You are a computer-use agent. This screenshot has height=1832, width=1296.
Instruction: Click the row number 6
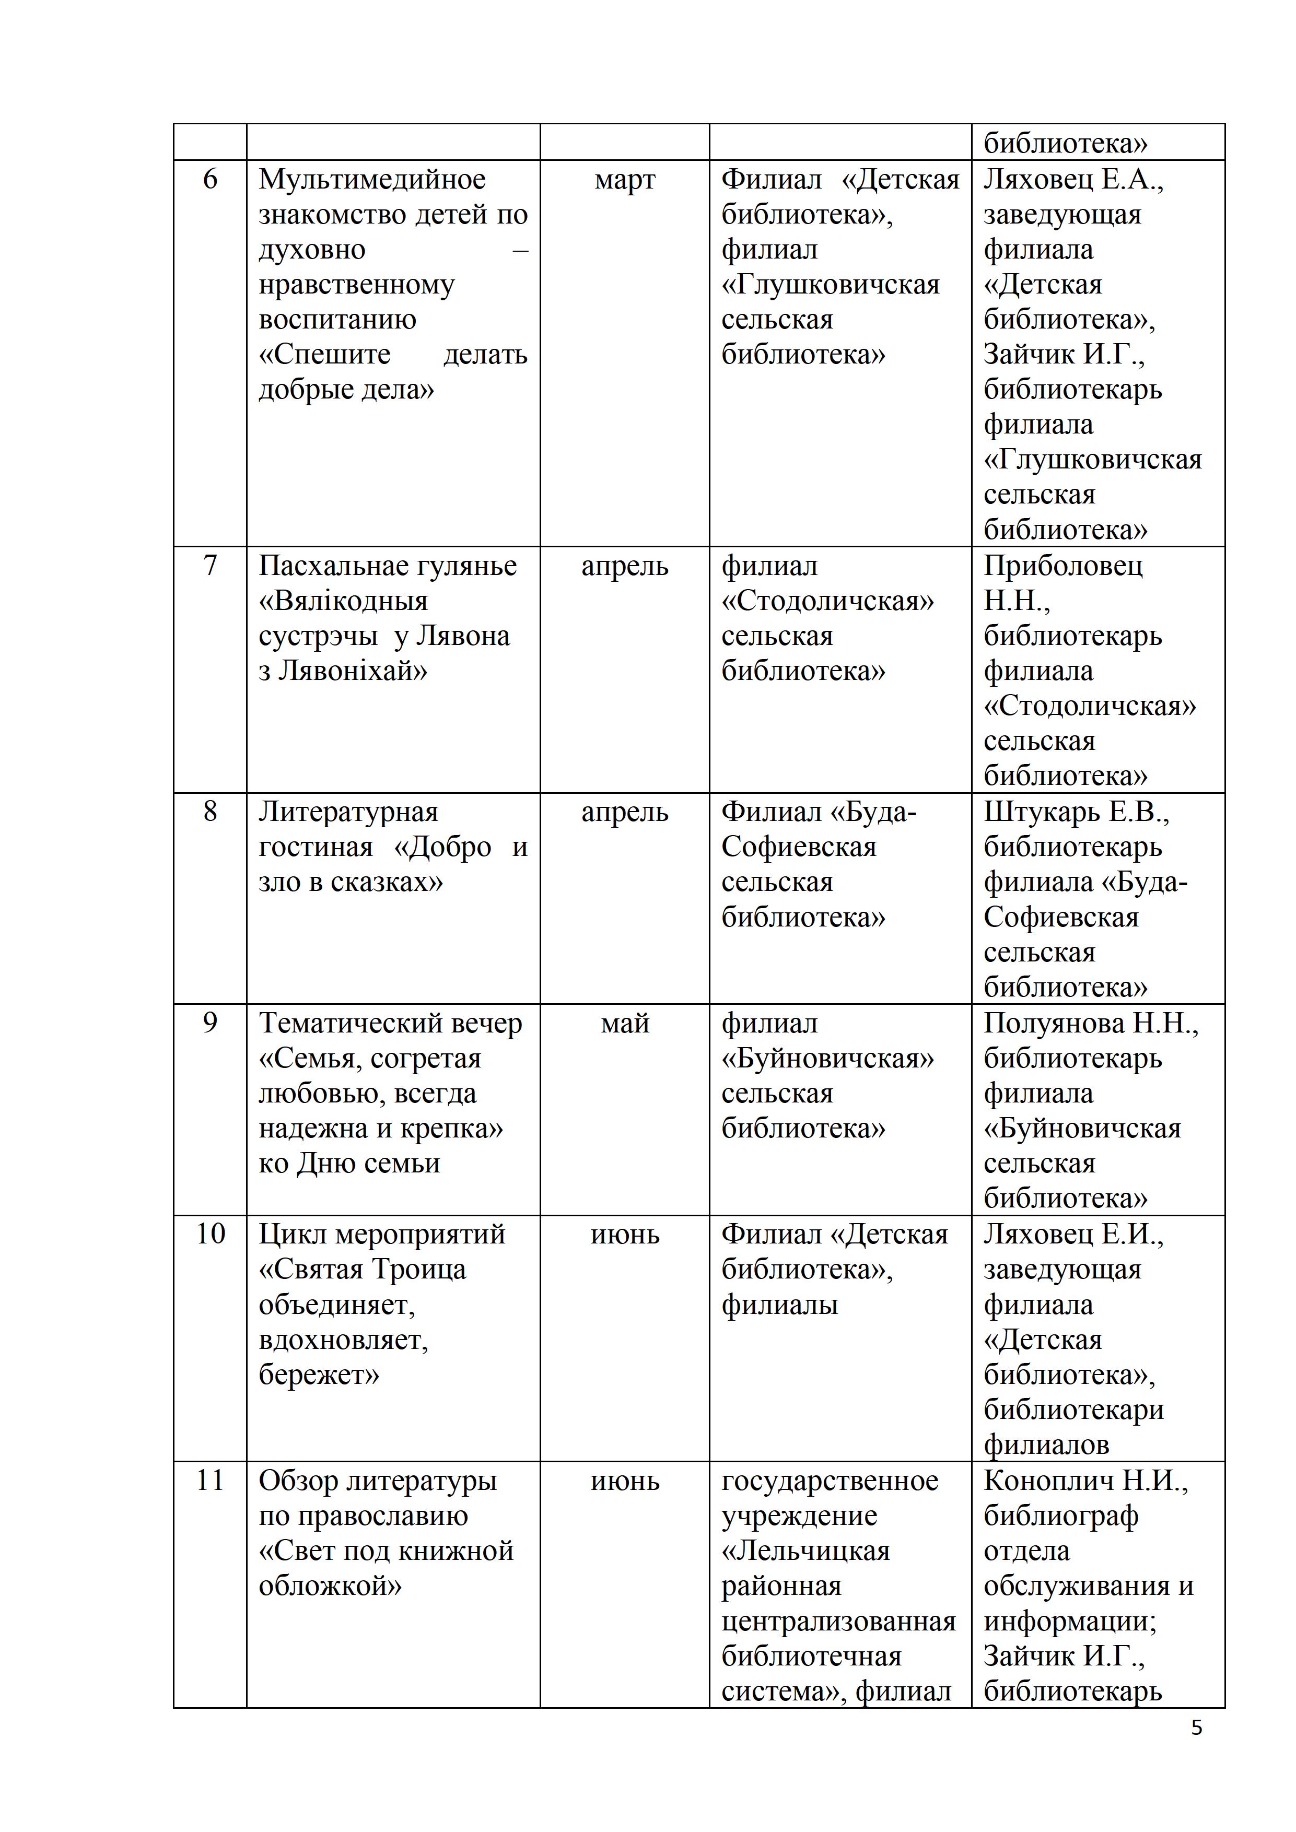pos(210,180)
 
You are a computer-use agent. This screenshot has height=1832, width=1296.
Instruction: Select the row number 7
pos(210,566)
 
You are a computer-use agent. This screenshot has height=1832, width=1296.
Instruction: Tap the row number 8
pos(210,812)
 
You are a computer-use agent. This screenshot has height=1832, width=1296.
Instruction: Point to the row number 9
pos(210,1023)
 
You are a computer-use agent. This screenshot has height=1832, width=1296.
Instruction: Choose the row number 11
pos(210,1480)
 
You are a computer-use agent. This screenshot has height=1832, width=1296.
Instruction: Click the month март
pos(625,180)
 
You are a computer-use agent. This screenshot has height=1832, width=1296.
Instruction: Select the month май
pos(625,1024)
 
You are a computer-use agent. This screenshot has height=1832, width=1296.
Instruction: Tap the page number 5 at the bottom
pos(1196,1728)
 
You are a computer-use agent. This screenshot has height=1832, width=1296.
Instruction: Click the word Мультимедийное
pos(372,180)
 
